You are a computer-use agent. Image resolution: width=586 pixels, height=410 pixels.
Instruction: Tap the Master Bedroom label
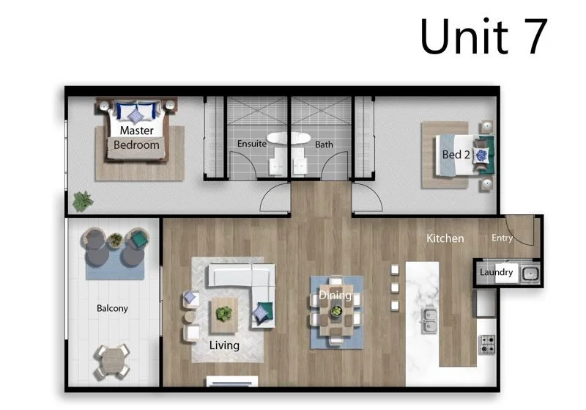tap(136, 138)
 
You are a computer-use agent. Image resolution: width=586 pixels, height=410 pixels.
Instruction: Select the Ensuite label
tap(251, 144)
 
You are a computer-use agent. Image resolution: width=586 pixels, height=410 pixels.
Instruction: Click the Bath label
tap(324, 144)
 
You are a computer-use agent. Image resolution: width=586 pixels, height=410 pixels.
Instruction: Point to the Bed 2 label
tap(456, 155)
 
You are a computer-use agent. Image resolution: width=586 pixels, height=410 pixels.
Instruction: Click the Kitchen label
tap(445, 238)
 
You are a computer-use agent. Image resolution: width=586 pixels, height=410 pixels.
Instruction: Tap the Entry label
tap(502, 238)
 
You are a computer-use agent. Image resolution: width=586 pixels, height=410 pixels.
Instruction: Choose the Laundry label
tap(496, 273)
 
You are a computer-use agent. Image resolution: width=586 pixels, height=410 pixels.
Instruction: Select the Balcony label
tap(112, 308)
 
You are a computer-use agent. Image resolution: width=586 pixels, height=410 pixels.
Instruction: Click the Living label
tap(224, 345)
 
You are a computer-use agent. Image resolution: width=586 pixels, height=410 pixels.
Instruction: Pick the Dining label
tap(335, 296)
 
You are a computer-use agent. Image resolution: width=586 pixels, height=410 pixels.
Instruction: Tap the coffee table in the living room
tap(224, 314)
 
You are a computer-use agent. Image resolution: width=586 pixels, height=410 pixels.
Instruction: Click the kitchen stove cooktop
tap(486, 343)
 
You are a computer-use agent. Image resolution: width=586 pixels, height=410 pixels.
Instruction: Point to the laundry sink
tap(530, 274)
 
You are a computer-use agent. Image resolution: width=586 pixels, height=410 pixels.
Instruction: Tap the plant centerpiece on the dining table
tap(336, 311)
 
